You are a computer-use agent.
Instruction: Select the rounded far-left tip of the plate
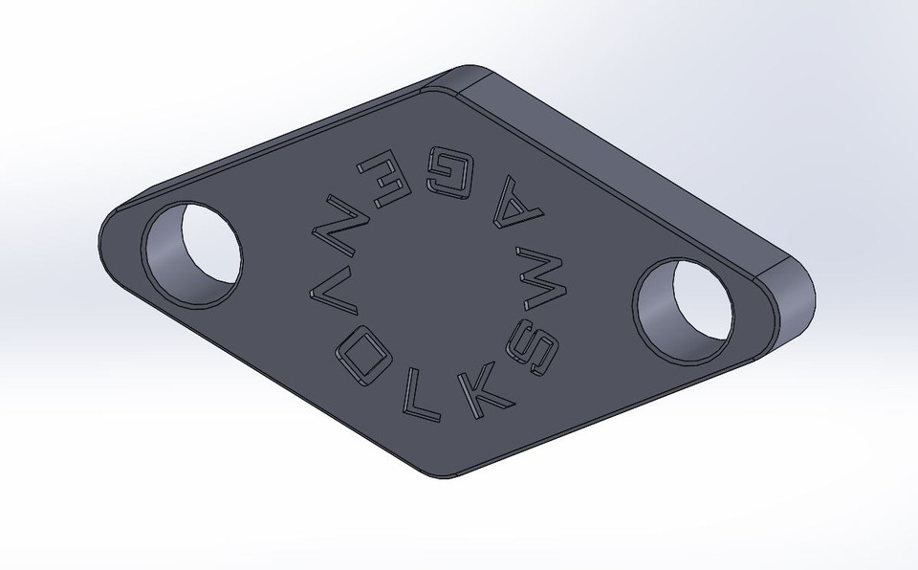(x=108, y=239)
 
